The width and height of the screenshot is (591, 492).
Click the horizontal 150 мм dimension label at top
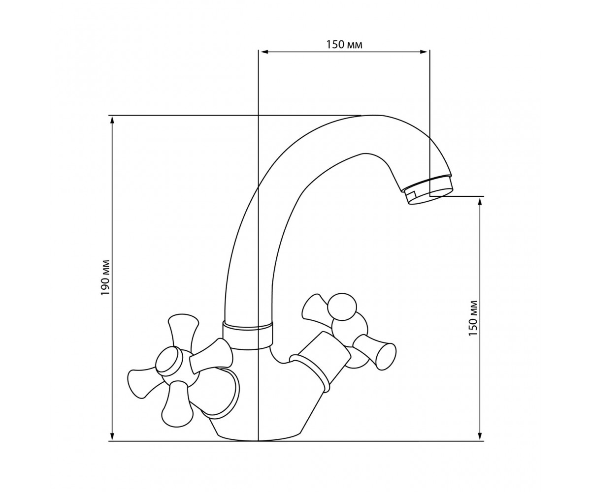tap(344, 45)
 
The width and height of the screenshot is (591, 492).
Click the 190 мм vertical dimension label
tap(105, 277)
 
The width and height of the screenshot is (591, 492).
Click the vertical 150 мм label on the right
tap(473, 318)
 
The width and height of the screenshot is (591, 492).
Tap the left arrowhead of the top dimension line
tap(264, 52)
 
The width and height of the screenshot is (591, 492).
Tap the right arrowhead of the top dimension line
tap(424, 52)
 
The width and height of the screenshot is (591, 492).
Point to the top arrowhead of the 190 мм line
tap(112, 120)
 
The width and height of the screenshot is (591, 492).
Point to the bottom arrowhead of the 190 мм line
tap(112, 445)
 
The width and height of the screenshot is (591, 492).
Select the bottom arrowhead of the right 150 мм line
tap(480, 445)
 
